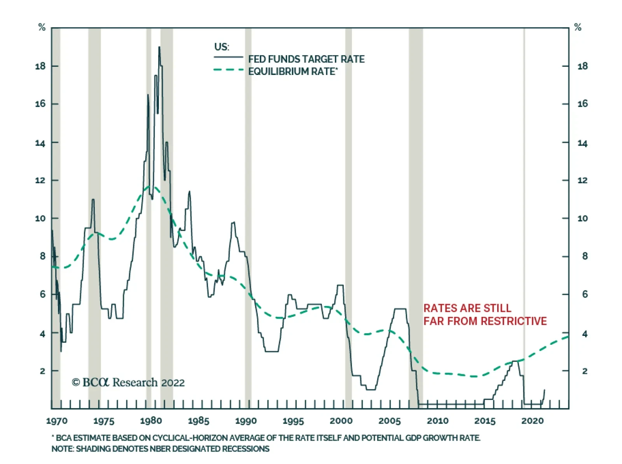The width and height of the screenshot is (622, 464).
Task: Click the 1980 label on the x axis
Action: pyautogui.click(x=151, y=421)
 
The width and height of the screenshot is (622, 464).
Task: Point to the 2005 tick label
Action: pyautogui.click(x=390, y=421)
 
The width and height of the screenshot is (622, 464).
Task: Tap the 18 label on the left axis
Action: pyautogui.click(x=40, y=66)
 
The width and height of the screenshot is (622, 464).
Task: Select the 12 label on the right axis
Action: pyautogui.click(x=583, y=180)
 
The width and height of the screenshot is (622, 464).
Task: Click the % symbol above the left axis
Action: pyautogui.click(x=42, y=28)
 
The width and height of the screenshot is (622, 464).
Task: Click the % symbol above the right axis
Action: pyautogui.click(x=578, y=28)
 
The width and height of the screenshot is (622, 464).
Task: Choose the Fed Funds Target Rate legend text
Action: pyautogui.click(x=306, y=59)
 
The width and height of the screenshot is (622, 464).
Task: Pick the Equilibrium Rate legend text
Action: pyautogui.click(x=293, y=71)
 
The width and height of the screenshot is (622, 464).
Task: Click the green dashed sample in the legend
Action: pyautogui.click(x=229, y=70)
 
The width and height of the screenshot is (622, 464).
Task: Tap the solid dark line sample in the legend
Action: pyautogui.click(x=229, y=57)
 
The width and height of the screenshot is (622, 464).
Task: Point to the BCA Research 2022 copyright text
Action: pyautogui.click(x=128, y=382)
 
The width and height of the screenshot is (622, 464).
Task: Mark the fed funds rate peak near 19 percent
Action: pyautogui.click(x=159, y=47)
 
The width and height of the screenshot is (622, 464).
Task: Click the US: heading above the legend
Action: pyautogui.click(x=222, y=47)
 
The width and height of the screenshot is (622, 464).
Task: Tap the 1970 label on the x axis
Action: pyautogui.click(x=57, y=421)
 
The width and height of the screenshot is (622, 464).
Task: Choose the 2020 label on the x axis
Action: pyautogui.click(x=533, y=421)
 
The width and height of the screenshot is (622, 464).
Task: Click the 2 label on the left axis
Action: pyautogui.click(x=42, y=371)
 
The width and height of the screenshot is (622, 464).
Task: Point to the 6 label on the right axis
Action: pyautogui.click(x=585, y=295)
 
